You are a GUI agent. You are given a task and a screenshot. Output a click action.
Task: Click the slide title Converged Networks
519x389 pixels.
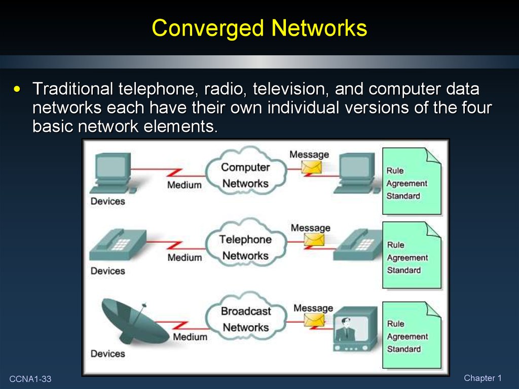(x=259, y=28)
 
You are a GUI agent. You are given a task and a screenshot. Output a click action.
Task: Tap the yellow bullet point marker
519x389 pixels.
(x=17, y=89)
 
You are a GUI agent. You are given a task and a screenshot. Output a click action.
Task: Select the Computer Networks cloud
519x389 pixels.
(x=245, y=171)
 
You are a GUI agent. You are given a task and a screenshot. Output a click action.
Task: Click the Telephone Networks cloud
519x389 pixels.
(x=245, y=243)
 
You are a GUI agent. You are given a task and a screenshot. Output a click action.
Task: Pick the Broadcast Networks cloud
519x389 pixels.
(x=246, y=315)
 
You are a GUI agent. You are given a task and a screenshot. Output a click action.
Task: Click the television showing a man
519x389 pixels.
(x=355, y=329)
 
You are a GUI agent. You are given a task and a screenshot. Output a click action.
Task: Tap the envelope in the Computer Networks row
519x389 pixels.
(x=311, y=167)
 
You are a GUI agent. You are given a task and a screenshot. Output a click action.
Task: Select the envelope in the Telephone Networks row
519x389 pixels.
(x=314, y=240)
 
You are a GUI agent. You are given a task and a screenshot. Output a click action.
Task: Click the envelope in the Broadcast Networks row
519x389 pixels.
(x=314, y=320)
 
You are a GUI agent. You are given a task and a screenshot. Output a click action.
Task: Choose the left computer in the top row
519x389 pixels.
(x=113, y=173)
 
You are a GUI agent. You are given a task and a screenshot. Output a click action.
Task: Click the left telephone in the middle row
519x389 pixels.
(x=118, y=245)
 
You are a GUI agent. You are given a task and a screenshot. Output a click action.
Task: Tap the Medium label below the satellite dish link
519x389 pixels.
(x=190, y=337)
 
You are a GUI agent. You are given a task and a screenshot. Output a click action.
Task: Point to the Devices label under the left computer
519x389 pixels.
(x=108, y=201)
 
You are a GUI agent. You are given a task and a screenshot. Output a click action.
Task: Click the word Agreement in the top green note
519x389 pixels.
(x=407, y=184)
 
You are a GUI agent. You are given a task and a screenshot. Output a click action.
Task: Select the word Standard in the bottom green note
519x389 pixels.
(x=404, y=349)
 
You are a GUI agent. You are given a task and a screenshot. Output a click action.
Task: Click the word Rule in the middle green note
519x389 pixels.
(x=395, y=245)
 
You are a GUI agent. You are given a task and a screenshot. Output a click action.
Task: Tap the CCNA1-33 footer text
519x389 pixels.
(x=30, y=379)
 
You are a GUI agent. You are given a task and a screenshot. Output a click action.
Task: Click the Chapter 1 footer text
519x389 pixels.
(x=483, y=378)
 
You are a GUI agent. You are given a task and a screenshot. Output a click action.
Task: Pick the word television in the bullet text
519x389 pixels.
(x=290, y=89)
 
